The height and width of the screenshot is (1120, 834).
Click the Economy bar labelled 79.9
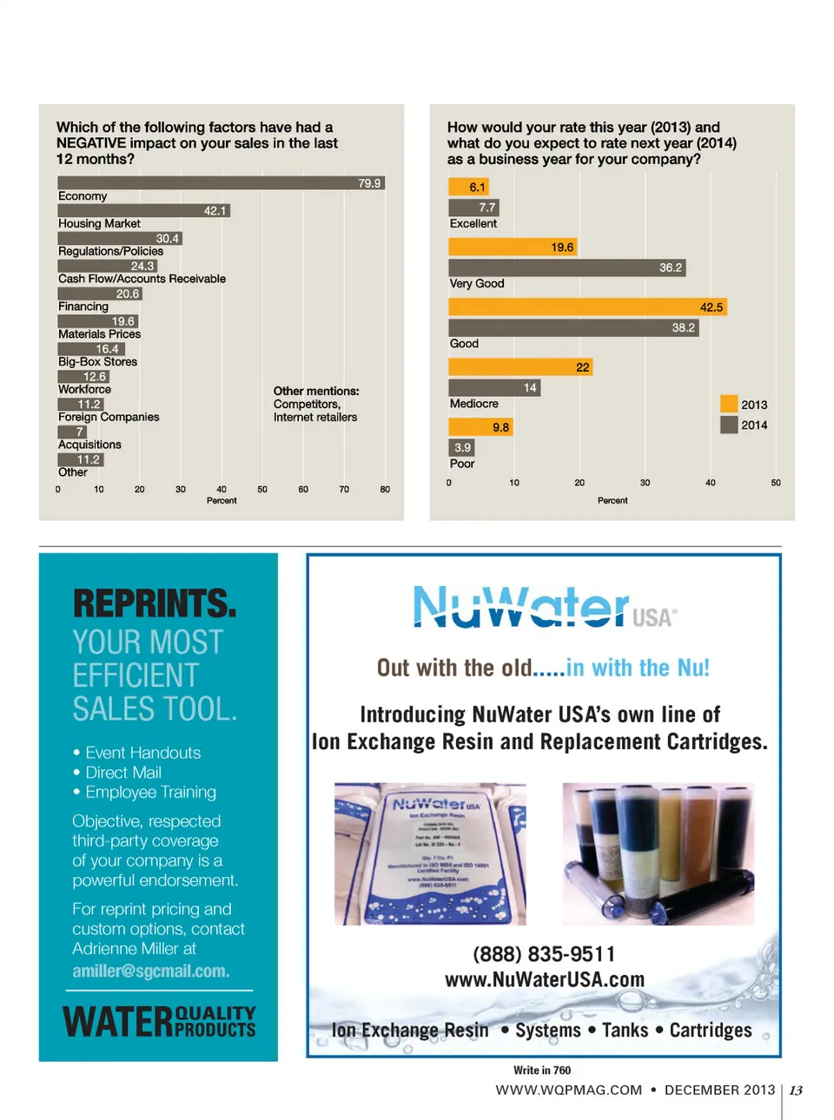click(221, 183)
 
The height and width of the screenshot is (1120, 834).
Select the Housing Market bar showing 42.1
click(144, 211)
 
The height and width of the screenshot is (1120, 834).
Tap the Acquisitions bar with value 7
click(72, 432)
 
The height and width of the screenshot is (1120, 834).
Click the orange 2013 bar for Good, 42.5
click(587, 307)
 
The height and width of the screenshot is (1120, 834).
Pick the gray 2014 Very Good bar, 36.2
click(567, 267)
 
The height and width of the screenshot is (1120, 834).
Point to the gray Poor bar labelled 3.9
click(461, 448)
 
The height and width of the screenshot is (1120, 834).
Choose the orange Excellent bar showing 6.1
click(469, 187)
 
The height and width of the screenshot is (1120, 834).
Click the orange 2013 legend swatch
click(729, 404)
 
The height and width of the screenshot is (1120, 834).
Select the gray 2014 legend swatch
click(729, 425)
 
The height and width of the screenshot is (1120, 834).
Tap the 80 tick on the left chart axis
click(385, 490)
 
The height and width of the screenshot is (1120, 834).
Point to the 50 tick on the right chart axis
click(776, 483)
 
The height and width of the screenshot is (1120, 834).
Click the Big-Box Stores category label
click(97, 362)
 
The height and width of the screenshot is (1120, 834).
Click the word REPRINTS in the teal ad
click(155, 603)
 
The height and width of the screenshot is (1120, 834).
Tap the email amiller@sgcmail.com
click(151, 972)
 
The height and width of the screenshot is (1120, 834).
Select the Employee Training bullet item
click(150, 792)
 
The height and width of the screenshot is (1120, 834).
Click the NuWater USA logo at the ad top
click(544, 607)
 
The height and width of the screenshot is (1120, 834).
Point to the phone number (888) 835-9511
click(544, 954)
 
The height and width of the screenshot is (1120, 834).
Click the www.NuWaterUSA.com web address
click(545, 980)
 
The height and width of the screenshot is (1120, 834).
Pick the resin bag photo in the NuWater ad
click(430, 853)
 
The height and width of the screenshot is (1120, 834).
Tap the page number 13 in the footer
click(796, 1090)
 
